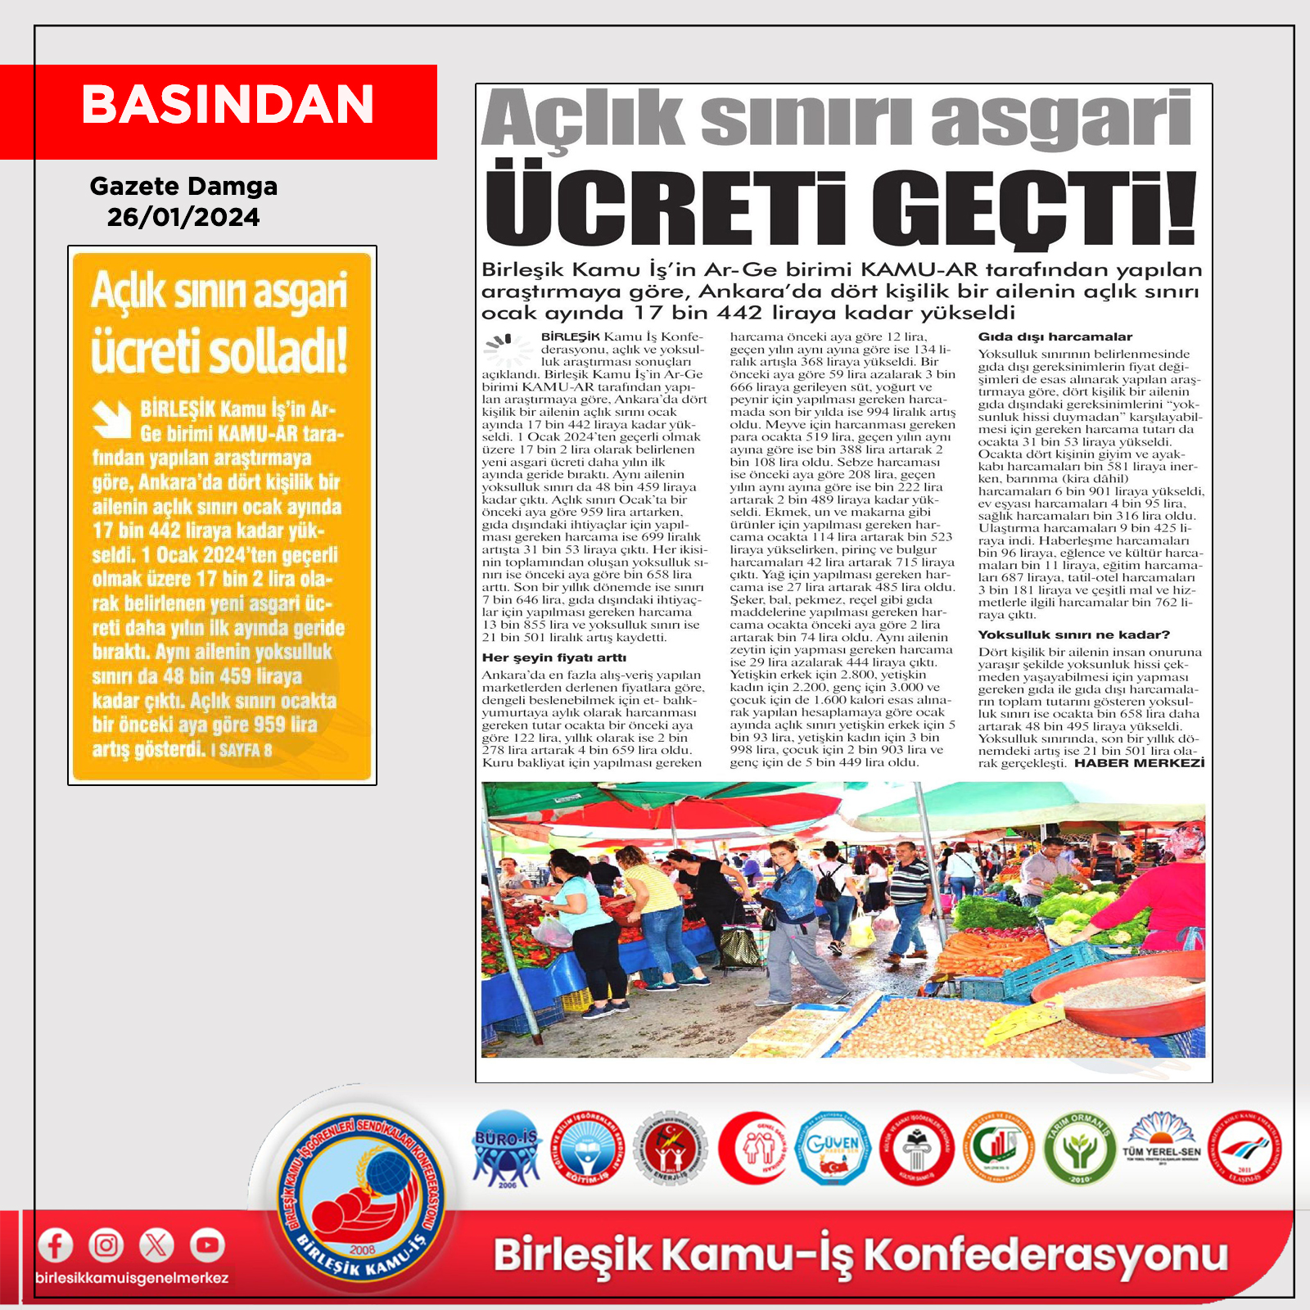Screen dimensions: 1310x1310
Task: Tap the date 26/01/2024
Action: click(183, 217)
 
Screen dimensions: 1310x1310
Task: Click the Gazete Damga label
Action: click(183, 186)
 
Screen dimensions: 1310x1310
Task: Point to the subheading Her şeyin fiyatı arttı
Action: click(553, 657)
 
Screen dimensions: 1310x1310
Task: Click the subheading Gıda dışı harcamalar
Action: click(1055, 337)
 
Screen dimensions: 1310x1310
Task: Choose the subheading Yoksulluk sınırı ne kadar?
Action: click(1073, 635)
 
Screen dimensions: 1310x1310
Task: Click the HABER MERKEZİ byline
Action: click(1139, 763)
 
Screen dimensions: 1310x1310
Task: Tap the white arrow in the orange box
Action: click(111, 418)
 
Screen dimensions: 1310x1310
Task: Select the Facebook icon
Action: click(56, 1245)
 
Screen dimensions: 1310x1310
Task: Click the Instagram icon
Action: click(106, 1245)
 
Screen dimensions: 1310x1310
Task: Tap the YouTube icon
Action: click(207, 1245)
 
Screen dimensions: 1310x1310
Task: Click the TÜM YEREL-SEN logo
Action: click(1161, 1146)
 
